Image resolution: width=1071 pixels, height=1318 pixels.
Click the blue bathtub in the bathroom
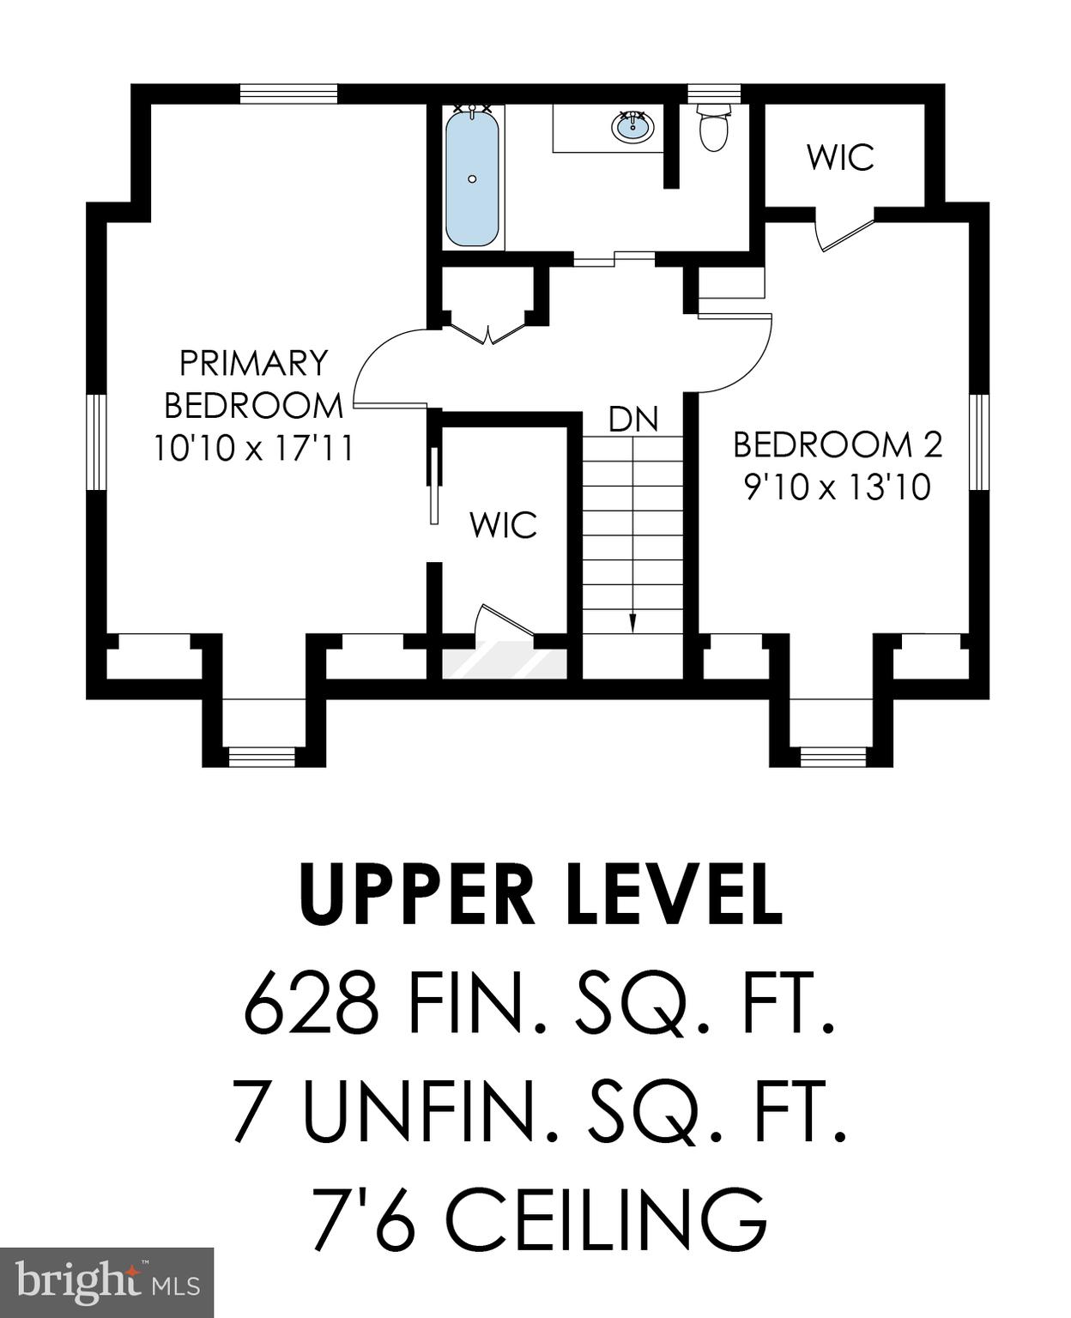point(472,178)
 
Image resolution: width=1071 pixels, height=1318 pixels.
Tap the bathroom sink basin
point(632,127)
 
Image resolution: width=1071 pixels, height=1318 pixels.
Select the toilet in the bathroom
point(713,129)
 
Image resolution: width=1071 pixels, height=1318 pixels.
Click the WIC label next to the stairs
point(503,525)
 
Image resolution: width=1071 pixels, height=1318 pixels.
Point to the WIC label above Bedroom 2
point(840,157)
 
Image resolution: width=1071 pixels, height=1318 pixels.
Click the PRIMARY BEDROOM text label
point(253,384)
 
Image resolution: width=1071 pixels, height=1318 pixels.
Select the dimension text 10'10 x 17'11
point(253,448)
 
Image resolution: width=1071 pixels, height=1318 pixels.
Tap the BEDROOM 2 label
point(838,444)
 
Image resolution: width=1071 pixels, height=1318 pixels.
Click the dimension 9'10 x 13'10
point(838,487)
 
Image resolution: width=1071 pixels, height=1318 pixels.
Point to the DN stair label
point(633,420)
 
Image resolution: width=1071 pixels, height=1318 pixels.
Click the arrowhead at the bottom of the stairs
point(633,624)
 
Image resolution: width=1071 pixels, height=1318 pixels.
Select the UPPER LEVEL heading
point(542,895)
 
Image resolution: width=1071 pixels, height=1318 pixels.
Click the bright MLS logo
point(106,1282)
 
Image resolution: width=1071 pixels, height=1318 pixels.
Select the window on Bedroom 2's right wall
point(979,442)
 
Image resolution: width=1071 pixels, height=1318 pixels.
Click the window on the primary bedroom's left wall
point(96,442)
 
